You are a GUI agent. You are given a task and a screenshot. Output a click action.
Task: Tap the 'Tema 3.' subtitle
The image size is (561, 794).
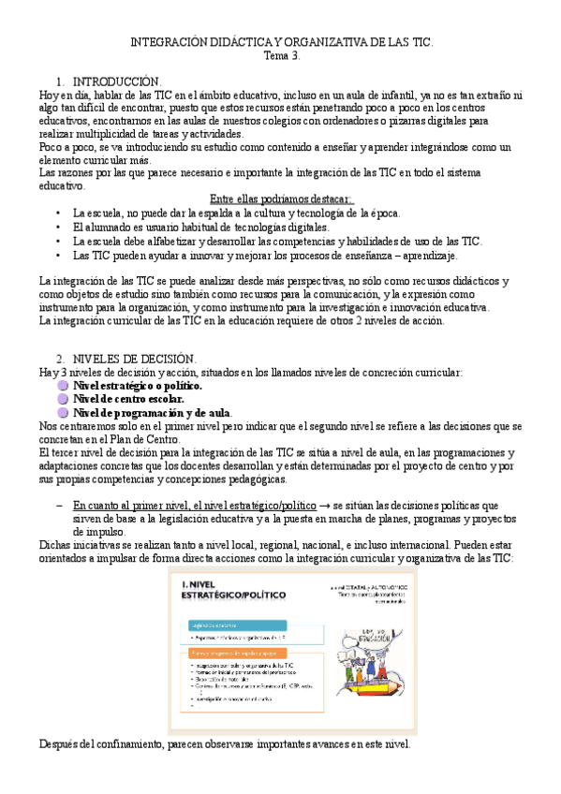280,56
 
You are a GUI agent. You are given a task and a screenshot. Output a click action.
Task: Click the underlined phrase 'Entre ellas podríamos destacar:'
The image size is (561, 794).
281,198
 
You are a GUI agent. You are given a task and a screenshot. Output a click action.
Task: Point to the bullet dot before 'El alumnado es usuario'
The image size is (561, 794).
58,228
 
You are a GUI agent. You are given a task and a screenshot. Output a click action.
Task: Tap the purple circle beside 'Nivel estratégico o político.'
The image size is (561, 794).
62,386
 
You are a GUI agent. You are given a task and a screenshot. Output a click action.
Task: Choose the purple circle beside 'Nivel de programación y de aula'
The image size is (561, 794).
62,413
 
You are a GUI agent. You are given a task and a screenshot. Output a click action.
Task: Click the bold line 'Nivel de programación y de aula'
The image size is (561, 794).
152,413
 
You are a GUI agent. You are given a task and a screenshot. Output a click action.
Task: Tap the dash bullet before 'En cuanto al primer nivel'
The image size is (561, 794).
58,506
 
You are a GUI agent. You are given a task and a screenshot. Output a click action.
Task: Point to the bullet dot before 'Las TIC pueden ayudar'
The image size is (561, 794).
58,256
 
